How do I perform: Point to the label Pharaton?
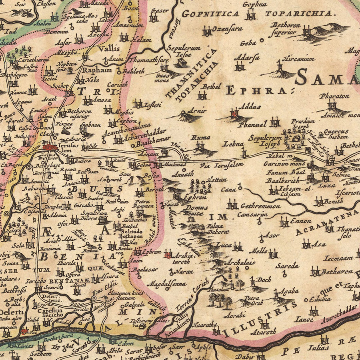pyautogui.click(x=334, y=96)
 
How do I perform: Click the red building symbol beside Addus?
pyautogui.click(x=234, y=114)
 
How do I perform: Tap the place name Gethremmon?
pyautogui.click(x=260, y=206)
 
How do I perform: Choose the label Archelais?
pyautogui.click(x=240, y=263)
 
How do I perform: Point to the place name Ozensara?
pyautogui.click(x=227, y=29)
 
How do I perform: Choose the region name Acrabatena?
pyautogui.click(x=326, y=223)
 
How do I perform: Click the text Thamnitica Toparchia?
pyautogui.click(x=192, y=76)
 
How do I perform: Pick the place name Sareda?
pyautogui.click(x=287, y=266)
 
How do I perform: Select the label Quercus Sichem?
pyautogui.click(x=336, y=134)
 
